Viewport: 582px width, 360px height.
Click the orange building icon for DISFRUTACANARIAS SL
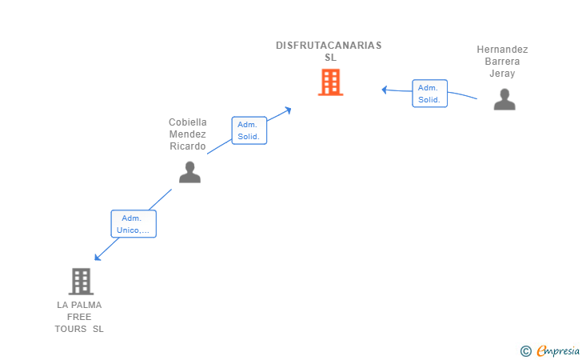[330, 82]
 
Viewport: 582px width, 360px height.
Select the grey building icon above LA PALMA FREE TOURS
[81, 282]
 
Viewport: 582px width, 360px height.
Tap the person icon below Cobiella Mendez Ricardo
[189, 172]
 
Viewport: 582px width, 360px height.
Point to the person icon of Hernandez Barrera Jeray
[504, 99]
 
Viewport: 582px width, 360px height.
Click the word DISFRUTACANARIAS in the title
[329, 46]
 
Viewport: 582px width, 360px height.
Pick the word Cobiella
[187, 122]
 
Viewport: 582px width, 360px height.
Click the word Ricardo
[187, 146]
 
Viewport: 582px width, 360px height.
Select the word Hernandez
[502, 50]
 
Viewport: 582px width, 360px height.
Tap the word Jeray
[502, 74]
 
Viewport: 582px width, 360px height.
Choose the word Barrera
[502, 62]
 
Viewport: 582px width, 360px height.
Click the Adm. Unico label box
[134, 224]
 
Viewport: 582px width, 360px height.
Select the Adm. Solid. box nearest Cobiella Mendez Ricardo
[249, 130]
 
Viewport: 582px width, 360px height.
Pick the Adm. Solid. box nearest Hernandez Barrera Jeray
[429, 94]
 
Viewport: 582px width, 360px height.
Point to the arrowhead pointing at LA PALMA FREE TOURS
[98, 257]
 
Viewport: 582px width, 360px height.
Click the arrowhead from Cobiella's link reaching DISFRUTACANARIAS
[288, 110]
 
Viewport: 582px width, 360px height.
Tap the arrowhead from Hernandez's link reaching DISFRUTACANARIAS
[385, 90]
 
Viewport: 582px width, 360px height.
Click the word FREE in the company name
[79, 317]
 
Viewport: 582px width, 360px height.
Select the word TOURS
[70, 329]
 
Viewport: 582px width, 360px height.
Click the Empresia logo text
[558, 350]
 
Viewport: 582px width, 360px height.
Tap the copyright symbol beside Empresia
[525, 351]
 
